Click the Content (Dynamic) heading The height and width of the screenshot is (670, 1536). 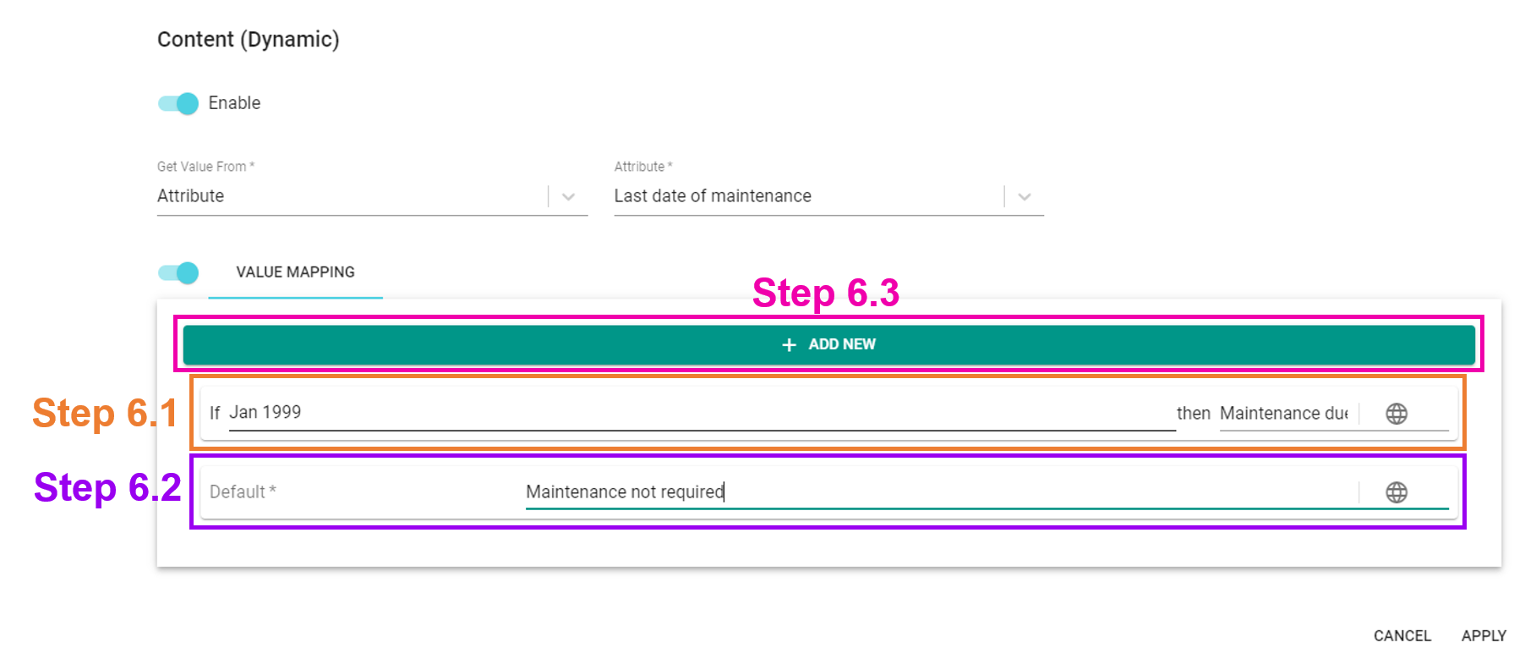pyautogui.click(x=248, y=40)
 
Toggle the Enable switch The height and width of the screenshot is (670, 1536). pyautogui.click(x=178, y=103)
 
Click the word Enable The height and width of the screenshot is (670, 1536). pyautogui.click(x=234, y=103)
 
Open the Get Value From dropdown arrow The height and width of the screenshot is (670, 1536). pyautogui.click(x=569, y=197)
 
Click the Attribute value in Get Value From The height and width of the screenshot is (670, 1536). pyautogui.click(x=191, y=196)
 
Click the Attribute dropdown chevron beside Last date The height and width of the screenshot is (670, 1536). pyautogui.click(x=1025, y=197)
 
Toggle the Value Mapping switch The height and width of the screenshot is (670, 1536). pyautogui.click(x=178, y=272)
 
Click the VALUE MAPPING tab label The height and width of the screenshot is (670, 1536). pyautogui.click(x=295, y=272)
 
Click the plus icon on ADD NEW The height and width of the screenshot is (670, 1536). pyautogui.click(x=789, y=345)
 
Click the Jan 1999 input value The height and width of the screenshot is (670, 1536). pyautogui.click(x=265, y=412)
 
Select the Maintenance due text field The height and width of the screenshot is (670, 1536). pyautogui.click(x=1284, y=413)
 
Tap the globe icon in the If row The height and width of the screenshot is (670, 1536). pyautogui.click(x=1397, y=414)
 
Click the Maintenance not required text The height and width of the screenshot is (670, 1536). pyautogui.click(x=625, y=492)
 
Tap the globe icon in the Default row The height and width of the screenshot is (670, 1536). pyautogui.click(x=1397, y=492)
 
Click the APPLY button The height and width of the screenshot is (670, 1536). pyautogui.click(x=1484, y=635)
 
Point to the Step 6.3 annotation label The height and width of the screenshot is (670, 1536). pyautogui.click(x=826, y=294)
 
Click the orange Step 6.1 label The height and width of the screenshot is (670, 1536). pyautogui.click(x=105, y=414)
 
